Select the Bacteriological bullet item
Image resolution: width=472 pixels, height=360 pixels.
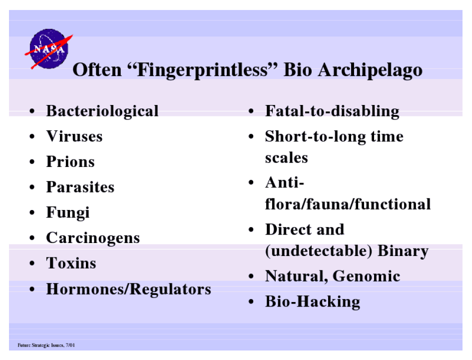102,111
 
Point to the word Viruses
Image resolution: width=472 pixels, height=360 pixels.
74,136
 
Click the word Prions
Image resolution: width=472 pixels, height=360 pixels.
70,161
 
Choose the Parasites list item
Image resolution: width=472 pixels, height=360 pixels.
80,187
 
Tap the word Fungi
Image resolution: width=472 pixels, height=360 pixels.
68,213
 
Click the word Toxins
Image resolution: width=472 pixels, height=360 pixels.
71,263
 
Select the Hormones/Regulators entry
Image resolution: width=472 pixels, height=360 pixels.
128,289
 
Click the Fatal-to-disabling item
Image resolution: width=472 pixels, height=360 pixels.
332,111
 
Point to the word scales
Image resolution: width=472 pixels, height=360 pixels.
287,157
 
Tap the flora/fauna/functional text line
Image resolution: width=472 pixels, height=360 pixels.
348,204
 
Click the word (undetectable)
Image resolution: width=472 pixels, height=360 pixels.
319,251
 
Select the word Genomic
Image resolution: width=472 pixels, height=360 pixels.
366,276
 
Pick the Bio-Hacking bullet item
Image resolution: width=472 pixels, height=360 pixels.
313,302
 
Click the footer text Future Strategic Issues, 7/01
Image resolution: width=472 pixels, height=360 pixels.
46,345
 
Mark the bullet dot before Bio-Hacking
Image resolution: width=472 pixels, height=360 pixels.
251,302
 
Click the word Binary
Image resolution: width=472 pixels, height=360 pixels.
403,251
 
